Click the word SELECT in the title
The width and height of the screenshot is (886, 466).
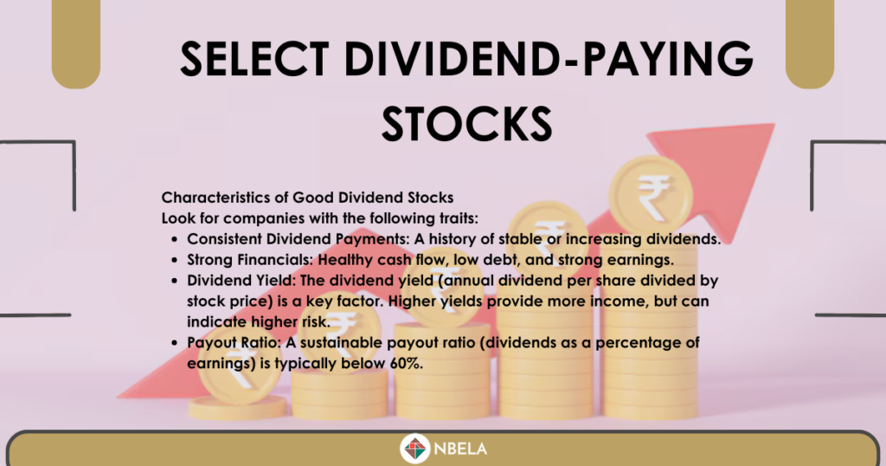click(254, 59)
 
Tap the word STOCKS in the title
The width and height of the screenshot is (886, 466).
click(466, 124)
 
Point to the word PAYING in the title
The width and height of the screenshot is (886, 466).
click(668, 59)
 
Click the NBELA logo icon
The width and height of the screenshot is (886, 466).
click(415, 449)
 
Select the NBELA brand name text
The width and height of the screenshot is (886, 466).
click(460, 449)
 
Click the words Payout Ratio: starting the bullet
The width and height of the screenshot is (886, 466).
click(234, 343)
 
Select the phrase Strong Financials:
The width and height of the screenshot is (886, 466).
click(250, 260)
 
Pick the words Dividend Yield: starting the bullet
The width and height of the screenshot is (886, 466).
click(241, 281)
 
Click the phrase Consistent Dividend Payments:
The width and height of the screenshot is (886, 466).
click(299, 239)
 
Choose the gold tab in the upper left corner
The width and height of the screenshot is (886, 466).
click(76, 43)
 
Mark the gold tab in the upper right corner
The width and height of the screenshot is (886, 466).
click(810, 43)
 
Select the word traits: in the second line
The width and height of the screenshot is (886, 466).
click(459, 218)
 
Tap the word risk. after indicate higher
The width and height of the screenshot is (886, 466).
click(315, 322)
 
